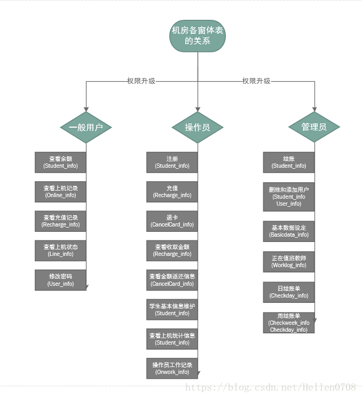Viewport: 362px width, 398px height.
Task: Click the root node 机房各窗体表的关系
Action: point(198,36)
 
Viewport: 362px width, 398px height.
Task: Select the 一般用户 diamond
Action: point(86,127)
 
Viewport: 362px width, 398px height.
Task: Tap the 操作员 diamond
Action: point(197,127)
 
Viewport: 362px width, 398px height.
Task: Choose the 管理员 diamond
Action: point(314,127)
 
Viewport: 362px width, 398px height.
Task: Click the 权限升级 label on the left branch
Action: point(141,81)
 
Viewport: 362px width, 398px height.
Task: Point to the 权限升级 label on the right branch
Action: point(256,81)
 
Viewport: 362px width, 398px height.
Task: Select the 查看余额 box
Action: point(60,162)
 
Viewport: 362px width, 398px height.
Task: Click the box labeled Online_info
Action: point(60,192)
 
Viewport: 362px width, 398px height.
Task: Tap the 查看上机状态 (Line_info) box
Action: point(60,251)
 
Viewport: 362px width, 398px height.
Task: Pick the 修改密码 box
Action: point(60,280)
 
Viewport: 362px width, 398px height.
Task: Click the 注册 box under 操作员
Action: point(172,162)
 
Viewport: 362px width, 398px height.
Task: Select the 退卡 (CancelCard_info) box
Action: point(172,221)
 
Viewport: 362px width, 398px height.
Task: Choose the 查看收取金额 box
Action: point(172,251)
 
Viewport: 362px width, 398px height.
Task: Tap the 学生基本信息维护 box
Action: point(172,309)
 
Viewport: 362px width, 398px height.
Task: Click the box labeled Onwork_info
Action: point(172,368)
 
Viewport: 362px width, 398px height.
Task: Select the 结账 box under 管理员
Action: point(289,162)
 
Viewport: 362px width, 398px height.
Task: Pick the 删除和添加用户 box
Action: point(289,197)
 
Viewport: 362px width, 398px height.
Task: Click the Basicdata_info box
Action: point(289,231)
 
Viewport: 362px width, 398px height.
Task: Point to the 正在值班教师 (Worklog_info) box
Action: point(289,261)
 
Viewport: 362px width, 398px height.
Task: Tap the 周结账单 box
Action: point(289,323)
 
